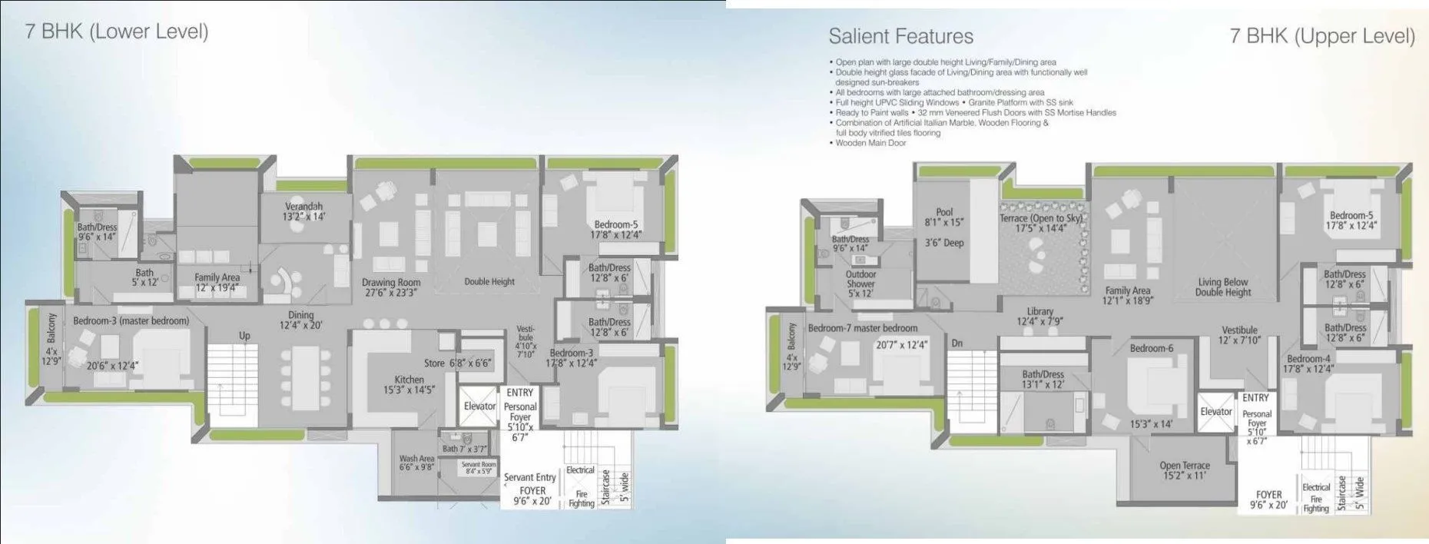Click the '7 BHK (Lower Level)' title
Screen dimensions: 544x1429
(x=117, y=32)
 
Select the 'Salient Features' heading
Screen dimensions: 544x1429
(x=900, y=36)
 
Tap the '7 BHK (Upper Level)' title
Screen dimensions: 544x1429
(x=1321, y=36)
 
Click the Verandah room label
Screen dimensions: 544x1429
(x=304, y=211)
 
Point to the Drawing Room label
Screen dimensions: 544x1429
(x=391, y=287)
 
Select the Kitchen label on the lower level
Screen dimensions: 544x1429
(x=409, y=384)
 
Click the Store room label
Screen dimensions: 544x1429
(x=457, y=363)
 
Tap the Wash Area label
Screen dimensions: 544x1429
(x=416, y=463)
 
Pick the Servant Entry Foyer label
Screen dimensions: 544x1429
(x=530, y=483)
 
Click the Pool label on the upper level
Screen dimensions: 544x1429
(x=944, y=217)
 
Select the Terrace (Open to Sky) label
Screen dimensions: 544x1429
(x=1041, y=223)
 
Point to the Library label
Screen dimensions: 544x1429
(x=1040, y=317)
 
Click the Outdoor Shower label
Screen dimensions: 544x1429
(x=860, y=284)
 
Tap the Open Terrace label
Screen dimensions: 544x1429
(x=1185, y=470)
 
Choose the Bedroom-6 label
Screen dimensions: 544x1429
(x=1152, y=348)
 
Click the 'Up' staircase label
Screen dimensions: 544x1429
(x=244, y=336)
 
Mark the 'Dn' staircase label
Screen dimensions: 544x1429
(x=957, y=343)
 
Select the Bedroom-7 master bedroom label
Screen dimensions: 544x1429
(x=862, y=328)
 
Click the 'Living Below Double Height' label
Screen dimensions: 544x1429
(x=1223, y=287)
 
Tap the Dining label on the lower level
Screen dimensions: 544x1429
(x=301, y=320)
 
